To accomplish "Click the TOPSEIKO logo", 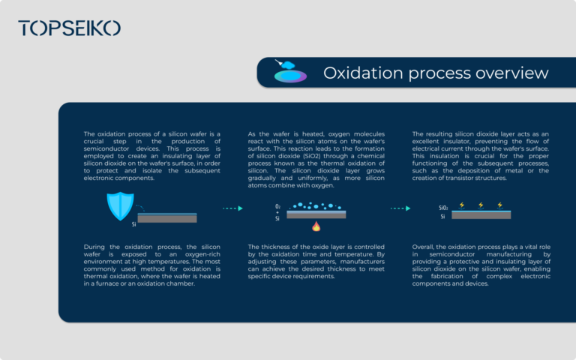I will click(x=69, y=28).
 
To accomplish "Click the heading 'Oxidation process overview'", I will click(x=436, y=73).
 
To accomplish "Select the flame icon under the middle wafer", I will click(x=316, y=226).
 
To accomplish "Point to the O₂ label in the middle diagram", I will click(x=277, y=205).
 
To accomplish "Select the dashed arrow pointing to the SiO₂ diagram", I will click(x=399, y=208).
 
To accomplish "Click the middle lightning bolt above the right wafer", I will click(x=481, y=204).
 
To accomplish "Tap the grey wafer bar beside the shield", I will click(x=167, y=218).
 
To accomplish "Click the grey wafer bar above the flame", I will click(x=316, y=214).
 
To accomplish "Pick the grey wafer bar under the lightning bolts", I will click(x=481, y=214).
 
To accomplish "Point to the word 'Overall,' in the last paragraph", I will click(x=424, y=246).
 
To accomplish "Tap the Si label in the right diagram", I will click(x=442, y=216).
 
